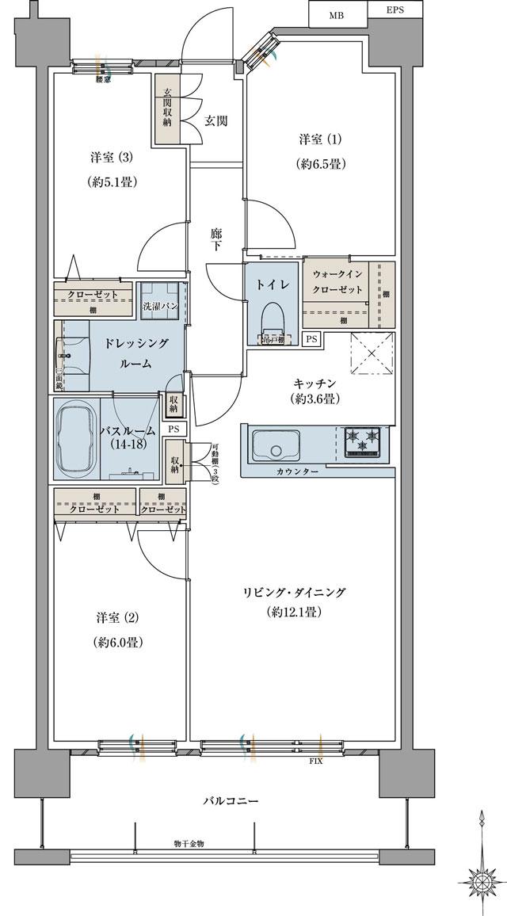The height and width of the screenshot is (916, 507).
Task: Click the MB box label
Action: tap(337, 13)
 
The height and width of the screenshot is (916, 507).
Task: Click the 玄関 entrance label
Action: tap(216, 120)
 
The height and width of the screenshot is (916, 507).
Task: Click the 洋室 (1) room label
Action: tap(321, 140)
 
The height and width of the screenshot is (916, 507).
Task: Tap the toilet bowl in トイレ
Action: tap(271, 317)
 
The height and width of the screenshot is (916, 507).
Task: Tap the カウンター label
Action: tap(299, 471)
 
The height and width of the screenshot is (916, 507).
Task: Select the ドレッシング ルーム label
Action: tap(136, 353)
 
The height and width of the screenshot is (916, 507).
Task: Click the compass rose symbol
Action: tap(481, 879)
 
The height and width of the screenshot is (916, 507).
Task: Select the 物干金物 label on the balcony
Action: tap(189, 844)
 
